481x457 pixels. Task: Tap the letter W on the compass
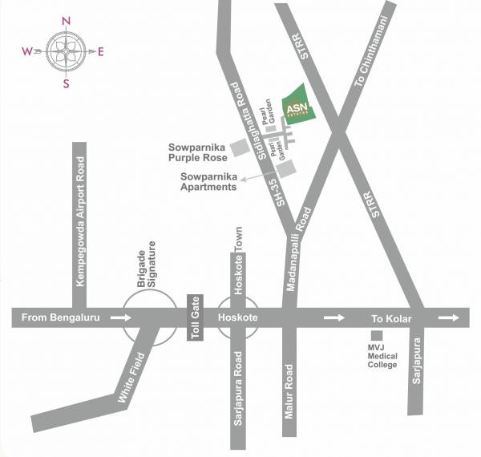[27, 52]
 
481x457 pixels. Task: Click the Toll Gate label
[195, 318]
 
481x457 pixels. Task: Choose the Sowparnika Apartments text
[208, 181]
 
